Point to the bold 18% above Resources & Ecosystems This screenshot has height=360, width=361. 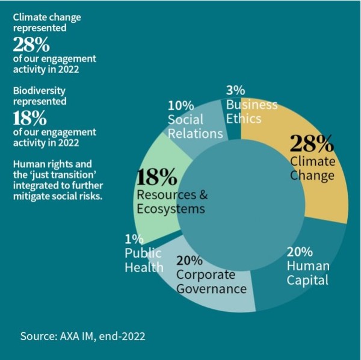pyautogui.click(x=157, y=177)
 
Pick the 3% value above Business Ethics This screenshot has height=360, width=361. pyautogui.click(x=235, y=90)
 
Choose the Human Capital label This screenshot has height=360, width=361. pyautogui.click(x=308, y=273)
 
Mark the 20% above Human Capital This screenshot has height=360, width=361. pyautogui.click(x=299, y=251)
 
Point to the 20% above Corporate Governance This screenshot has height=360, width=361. pyautogui.click(x=189, y=260)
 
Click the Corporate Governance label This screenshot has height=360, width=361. pyautogui.click(x=211, y=282)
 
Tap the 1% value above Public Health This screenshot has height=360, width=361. pyautogui.click(x=132, y=238)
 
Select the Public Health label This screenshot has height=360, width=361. pyautogui.click(x=144, y=259)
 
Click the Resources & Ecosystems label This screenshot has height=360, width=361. pyautogui.click(x=171, y=202)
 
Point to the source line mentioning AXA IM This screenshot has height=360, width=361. pyautogui.click(x=82, y=335)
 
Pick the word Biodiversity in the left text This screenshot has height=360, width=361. pyautogui.click(x=39, y=90)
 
